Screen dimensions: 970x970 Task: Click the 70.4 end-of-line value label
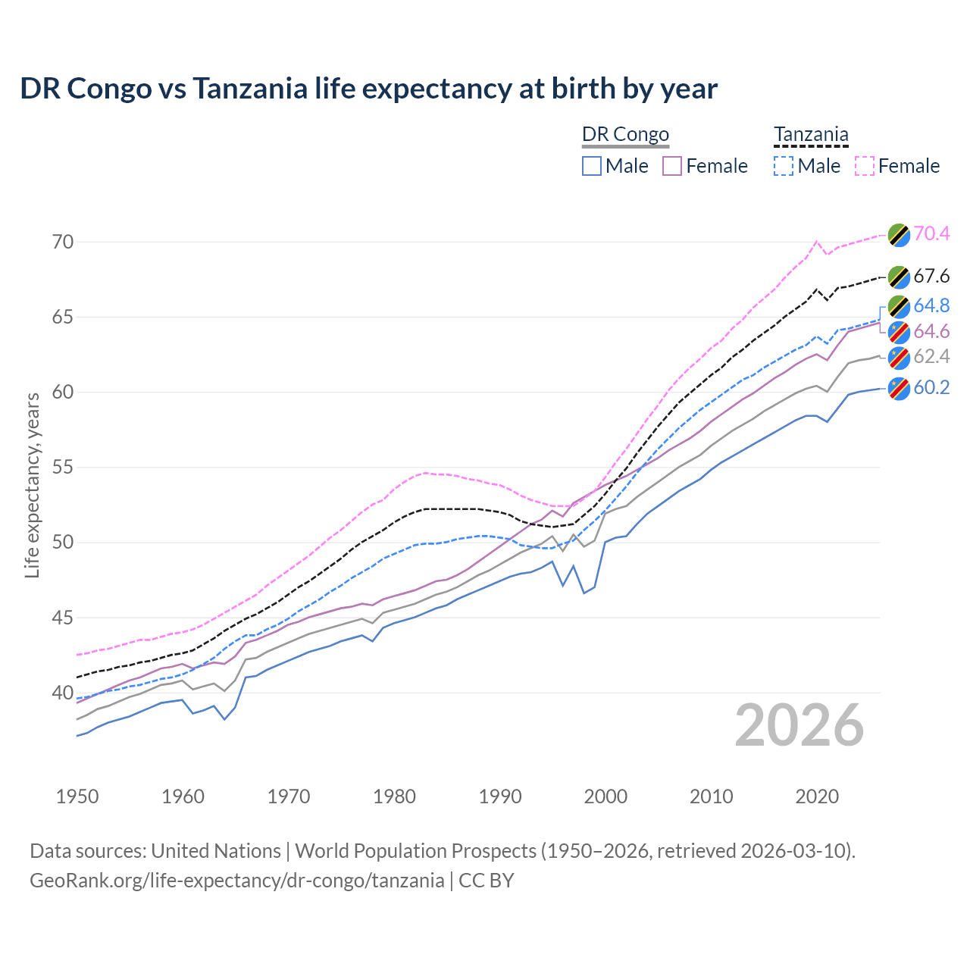[931, 233]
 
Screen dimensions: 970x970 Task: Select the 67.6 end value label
[931, 276]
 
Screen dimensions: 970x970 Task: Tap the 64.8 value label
[931, 305]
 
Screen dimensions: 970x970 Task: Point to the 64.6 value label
[931, 331]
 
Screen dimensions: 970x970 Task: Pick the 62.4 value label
[931, 356]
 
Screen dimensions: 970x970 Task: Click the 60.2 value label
[931, 387]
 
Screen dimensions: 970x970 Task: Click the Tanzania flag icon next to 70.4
[899, 234]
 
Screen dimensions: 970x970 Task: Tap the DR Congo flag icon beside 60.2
[899, 388]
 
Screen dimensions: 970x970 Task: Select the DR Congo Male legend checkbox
[592, 166]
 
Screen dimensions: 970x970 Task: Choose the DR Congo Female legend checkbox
[672, 166]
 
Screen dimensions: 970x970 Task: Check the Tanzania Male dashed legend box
[784, 166]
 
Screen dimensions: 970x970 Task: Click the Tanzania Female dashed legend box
[865, 166]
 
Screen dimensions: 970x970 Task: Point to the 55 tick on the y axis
[63, 467]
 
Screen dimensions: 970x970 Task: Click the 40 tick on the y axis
[63, 693]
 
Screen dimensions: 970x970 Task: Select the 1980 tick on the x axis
[394, 796]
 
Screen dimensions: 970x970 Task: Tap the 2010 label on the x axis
[711, 796]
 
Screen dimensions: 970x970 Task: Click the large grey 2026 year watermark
[799, 725]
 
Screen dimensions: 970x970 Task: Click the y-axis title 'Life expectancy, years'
[32, 485]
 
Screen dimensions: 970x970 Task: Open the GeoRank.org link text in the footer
[236, 880]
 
